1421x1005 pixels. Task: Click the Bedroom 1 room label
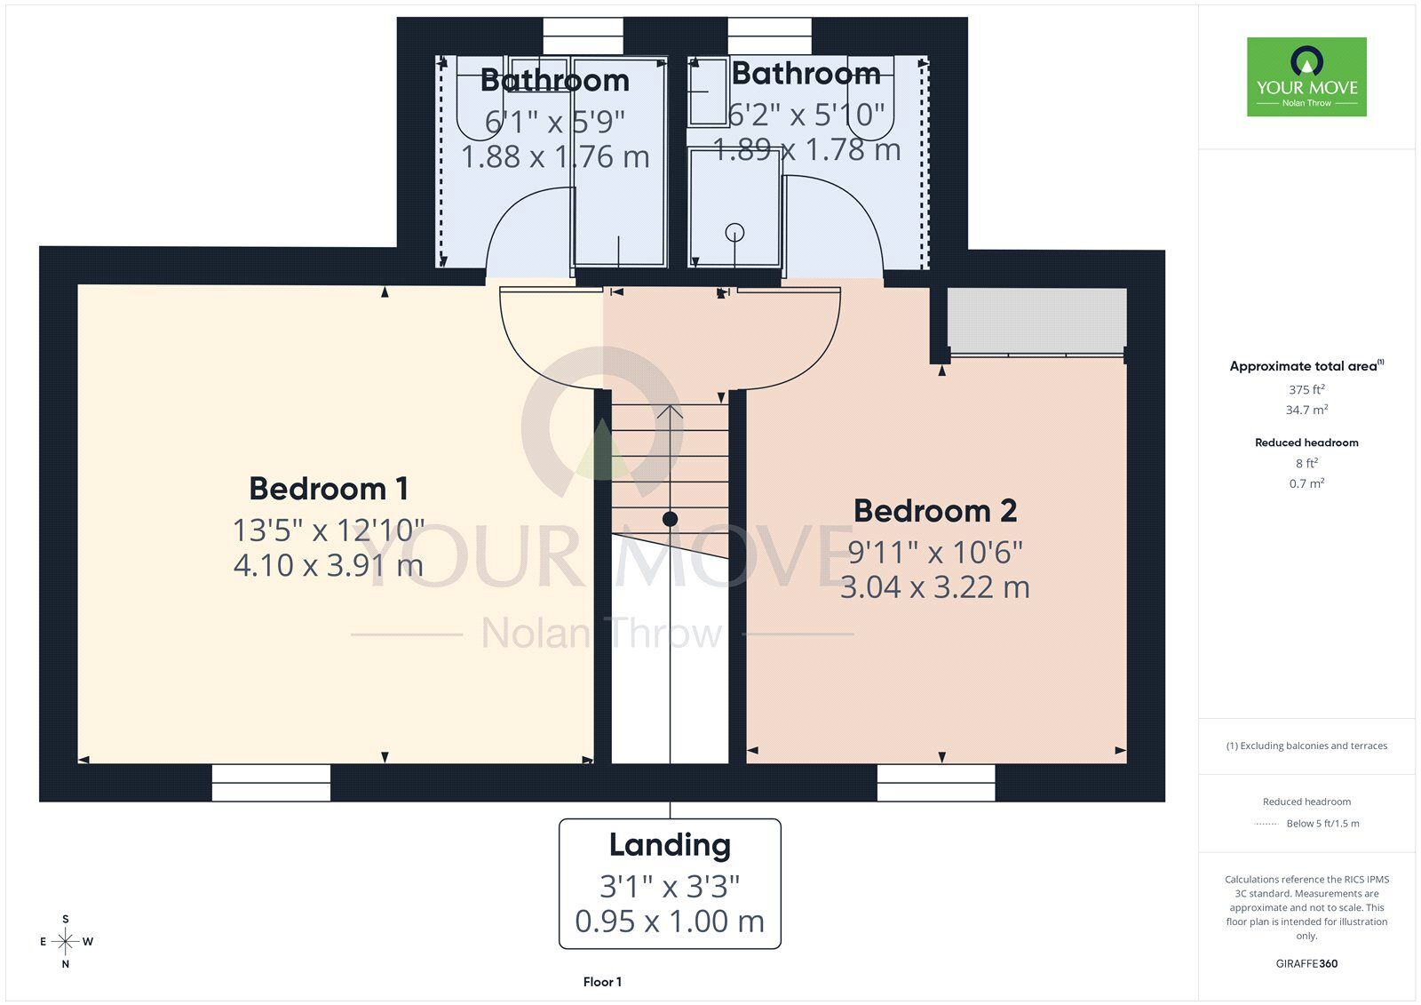(329, 489)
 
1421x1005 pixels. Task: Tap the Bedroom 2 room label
(935, 511)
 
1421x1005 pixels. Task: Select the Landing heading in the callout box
(670, 846)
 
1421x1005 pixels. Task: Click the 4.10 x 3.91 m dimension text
(329, 565)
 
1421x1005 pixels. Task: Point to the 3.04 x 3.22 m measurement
(935, 586)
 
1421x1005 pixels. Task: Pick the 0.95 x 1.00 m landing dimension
(670, 921)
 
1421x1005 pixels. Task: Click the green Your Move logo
(1306, 76)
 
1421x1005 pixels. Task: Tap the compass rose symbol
(66, 941)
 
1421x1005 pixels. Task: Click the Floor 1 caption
(602, 982)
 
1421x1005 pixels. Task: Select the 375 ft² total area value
(1306, 389)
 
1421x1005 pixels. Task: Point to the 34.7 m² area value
(1306, 410)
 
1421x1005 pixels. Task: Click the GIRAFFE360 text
(1306, 964)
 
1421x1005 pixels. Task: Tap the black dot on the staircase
(670, 519)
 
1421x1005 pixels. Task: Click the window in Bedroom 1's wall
(271, 783)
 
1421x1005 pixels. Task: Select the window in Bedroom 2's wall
(936, 783)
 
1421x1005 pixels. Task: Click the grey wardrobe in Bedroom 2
(1036, 320)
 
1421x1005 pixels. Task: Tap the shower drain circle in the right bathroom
(734, 232)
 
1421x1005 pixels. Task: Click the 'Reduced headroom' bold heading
(1306, 443)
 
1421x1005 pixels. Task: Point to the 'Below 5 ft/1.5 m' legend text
(1322, 824)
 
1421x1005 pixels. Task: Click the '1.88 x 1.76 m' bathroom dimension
(555, 156)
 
